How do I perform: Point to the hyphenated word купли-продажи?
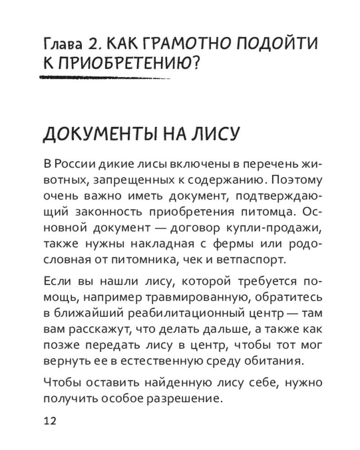tap(280, 228)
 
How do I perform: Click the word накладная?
tap(161, 243)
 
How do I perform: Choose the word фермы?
tap(241, 243)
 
